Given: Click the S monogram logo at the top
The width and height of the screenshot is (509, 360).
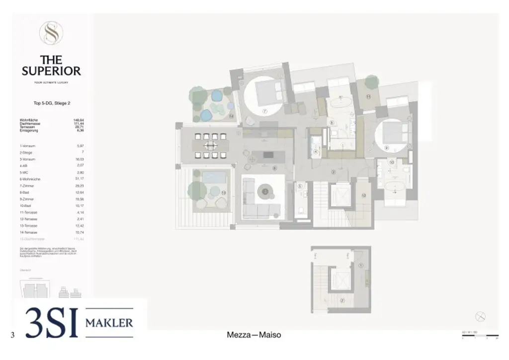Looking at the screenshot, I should point(51,33).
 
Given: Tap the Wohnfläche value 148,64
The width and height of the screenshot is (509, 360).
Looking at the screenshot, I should point(79,120).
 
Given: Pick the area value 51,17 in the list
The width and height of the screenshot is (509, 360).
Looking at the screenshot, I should point(79,179).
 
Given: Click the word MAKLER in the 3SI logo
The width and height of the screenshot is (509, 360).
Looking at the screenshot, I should point(109,323).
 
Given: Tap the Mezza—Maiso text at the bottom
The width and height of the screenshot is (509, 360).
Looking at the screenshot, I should point(254,335).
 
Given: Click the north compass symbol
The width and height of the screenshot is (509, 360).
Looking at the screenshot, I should point(480,316).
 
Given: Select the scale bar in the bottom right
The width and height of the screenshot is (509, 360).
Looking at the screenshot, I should point(480,336).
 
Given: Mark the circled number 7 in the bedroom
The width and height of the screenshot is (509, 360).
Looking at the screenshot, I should point(265,111).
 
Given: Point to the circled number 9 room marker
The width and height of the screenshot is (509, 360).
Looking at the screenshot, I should point(386,148).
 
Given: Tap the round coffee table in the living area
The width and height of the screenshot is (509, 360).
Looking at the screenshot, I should point(265,189).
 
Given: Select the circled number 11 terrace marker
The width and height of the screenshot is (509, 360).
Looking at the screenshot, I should point(368,97).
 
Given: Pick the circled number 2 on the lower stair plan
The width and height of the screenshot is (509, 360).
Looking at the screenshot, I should point(342,300).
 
